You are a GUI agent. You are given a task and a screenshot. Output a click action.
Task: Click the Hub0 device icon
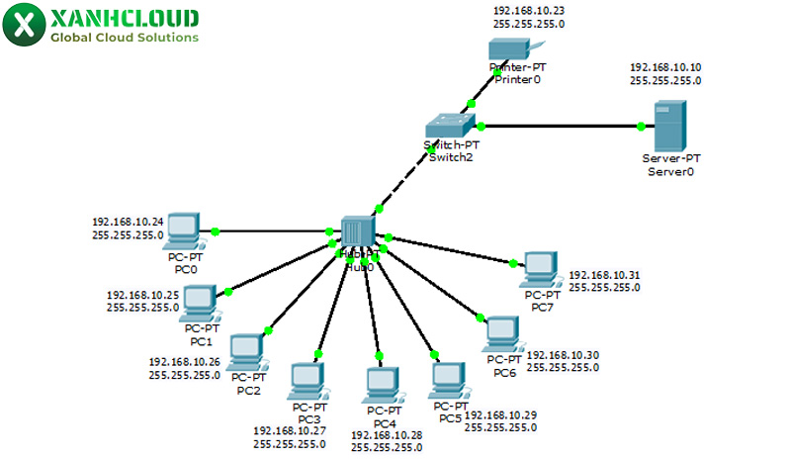356,230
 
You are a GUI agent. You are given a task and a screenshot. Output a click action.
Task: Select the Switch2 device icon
450,125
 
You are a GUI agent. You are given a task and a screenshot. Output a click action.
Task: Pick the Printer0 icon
514,48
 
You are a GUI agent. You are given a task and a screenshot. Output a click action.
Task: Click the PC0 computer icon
182,229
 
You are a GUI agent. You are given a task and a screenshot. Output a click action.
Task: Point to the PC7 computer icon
540,266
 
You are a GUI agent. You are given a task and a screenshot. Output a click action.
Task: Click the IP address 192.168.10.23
529,9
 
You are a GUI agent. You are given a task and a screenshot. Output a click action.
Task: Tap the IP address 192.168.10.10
665,67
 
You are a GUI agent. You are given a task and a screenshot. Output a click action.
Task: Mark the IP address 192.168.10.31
604,275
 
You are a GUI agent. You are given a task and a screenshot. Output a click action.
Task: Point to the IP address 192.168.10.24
128,222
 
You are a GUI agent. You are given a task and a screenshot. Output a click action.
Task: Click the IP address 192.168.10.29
500,414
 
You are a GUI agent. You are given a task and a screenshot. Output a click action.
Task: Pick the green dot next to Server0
641,126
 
